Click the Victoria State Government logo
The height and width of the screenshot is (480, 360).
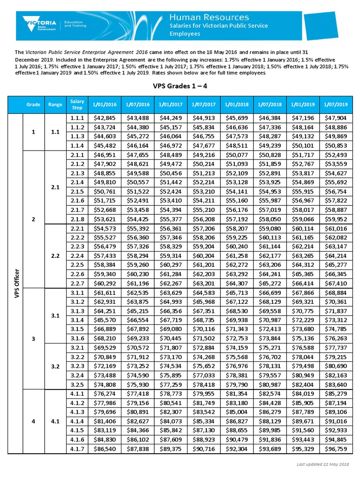[40, 23]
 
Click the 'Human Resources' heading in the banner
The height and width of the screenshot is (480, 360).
[209, 17]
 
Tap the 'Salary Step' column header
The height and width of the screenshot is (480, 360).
[77, 105]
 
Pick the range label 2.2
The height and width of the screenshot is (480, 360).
[55, 256]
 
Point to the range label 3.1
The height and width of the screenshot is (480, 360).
[55, 316]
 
